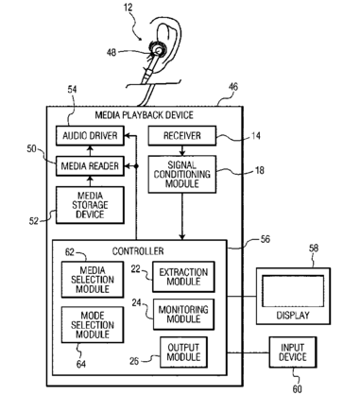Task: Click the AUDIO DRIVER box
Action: (x=90, y=136)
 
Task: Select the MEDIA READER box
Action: (x=90, y=166)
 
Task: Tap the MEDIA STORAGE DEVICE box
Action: (x=90, y=205)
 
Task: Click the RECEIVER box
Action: (x=182, y=136)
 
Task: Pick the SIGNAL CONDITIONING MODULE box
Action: (x=182, y=174)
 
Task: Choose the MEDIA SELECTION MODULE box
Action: (x=93, y=280)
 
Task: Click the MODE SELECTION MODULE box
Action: (x=93, y=325)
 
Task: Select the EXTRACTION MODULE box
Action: (x=183, y=277)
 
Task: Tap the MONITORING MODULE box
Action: (x=183, y=315)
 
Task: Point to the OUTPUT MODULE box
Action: (x=183, y=352)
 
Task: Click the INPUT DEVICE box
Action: (x=293, y=352)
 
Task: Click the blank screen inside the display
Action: (x=293, y=291)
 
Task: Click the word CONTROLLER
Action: (x=138, y=251)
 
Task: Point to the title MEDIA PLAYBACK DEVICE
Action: (x=145, y=115)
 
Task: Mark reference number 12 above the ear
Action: (x=129, y=8)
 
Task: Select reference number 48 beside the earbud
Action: (x=111, y=52)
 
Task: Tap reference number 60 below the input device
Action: (x=297, y=389)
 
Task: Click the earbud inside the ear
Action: (x=158, y=50)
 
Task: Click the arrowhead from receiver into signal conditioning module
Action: (x=182, y=153)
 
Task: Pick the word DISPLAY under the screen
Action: (x=293, y=315)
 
